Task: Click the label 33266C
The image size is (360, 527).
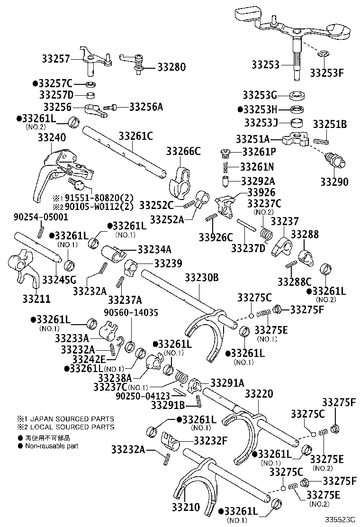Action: coord(183,151)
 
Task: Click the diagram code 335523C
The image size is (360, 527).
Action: coord(339,520)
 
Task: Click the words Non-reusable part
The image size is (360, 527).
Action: coord(52,446)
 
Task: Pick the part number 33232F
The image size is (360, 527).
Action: coord(209,440)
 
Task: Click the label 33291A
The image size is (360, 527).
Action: coord(227,382)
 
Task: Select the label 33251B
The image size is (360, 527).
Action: coord(330,124)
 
